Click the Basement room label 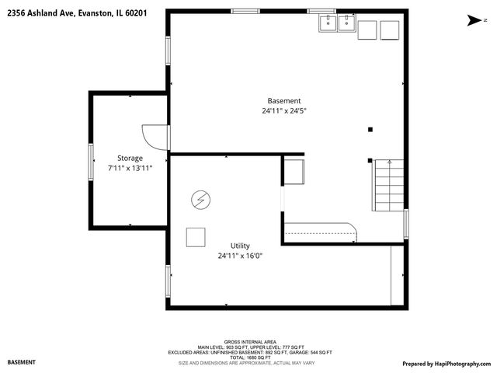coord(283,101)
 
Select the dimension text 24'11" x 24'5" coord(283,111)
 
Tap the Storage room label coord(130,158)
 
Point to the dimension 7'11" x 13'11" coord(130,168)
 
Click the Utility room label coord(240,246)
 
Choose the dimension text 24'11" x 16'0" coord(240,256)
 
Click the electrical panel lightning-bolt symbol coord(200,200)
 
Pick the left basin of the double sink coord(327,23)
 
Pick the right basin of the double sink coord(346,23)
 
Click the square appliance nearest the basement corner coord(389,30)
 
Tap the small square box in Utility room coord(195,237)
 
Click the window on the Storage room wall coord(91,162)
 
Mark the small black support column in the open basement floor coord(370,129)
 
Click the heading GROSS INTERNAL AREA coord(248,342)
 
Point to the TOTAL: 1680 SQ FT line coord(248,357)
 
